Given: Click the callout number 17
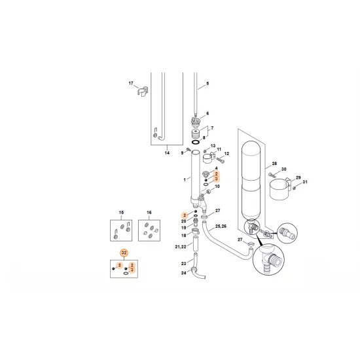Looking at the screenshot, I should [131, 83].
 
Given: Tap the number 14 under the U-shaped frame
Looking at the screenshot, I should [167, 153].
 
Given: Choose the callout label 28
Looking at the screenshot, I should [274, 164].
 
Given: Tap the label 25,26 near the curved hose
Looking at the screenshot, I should [222, 226].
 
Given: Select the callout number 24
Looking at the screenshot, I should [185, 273].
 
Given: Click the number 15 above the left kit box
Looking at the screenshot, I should [120, 213].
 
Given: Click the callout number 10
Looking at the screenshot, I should [217, 187].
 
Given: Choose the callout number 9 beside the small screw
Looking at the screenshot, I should [183, 152].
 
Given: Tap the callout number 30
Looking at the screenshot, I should [284, 170].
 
